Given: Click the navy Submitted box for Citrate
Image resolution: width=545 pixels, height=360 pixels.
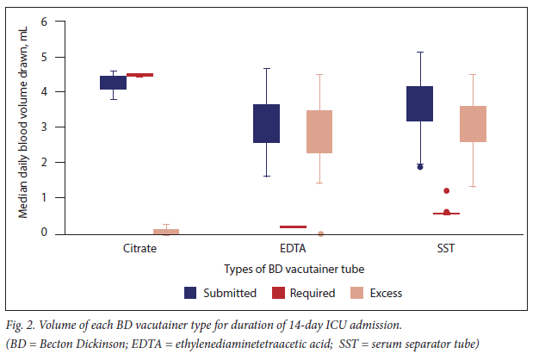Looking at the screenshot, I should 113,83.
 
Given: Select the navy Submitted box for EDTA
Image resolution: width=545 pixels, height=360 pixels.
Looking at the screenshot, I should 266,123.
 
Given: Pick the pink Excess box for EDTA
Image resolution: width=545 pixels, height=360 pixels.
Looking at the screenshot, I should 319,132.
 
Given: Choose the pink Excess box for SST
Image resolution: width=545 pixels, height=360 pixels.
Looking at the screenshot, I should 473,124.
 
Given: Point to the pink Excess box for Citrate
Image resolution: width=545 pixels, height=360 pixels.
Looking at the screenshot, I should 165,231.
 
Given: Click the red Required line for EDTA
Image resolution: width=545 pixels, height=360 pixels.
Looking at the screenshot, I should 293,227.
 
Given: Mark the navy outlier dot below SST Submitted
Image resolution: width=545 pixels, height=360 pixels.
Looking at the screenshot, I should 420,166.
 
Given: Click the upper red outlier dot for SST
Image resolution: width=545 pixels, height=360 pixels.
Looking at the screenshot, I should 446,190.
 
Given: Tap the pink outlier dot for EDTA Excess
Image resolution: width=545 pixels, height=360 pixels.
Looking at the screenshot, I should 320,233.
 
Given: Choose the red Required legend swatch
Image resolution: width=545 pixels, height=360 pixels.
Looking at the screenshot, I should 277,293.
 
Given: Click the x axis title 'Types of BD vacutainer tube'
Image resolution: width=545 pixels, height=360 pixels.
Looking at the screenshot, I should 293,270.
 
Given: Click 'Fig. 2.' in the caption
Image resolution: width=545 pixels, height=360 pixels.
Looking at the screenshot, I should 22,326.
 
